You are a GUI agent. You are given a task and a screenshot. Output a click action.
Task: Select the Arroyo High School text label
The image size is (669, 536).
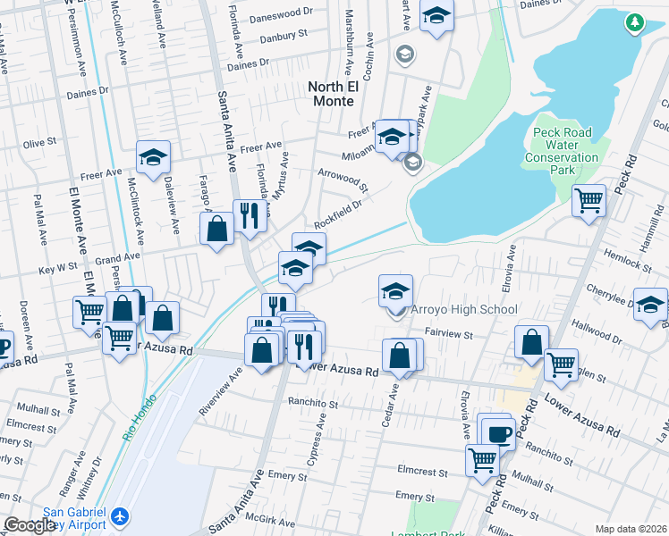(x=463, y=310)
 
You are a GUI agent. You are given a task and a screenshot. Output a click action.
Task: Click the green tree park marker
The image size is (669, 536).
(x=636, y=21)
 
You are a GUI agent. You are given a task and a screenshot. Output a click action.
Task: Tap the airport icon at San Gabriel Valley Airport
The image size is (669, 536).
(x=122, y=515)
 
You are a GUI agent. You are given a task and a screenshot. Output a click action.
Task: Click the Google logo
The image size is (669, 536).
(x=30, y=525)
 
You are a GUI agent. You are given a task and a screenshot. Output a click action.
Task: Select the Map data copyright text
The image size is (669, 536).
(x=631, y=529)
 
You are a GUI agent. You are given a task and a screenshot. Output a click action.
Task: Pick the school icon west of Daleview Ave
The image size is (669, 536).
(x=154, y=157)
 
